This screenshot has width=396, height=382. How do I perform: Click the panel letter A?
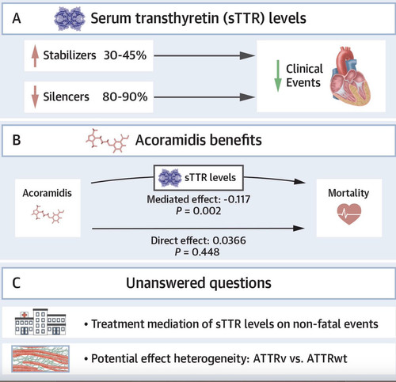[x=17, y=19]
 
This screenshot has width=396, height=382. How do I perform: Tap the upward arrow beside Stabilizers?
[x=35, y=55]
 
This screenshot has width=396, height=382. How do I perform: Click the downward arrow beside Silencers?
[x=35, y=97]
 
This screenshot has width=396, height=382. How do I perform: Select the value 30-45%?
[x=125, y=55]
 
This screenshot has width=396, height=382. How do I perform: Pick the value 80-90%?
[x=125, y=96]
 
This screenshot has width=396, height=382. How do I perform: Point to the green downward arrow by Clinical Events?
[x=278, y=76]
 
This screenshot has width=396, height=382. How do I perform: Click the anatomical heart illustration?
[x=350, y=76]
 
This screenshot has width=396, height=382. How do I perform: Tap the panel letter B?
[x=17, y=140]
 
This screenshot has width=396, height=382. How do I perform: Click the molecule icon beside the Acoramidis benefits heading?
[x=108, y=141]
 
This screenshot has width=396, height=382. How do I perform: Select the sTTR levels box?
[x=199, y=178]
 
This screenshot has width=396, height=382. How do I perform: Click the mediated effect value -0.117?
[x=237, y=199]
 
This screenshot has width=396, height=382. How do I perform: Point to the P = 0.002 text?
[x=199, y=211]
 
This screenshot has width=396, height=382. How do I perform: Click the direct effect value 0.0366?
[x=229, y=240]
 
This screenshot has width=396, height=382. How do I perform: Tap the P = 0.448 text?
[x=197, y=252]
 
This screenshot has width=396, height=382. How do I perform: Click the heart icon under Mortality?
[x=349, y=214]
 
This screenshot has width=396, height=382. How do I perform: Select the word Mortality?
[x=348, y=193]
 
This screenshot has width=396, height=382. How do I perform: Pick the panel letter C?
[x=17, y=283]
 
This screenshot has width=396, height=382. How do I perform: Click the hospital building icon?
[x=40, y=322]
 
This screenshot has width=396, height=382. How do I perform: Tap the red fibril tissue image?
[x=40, y=359]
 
